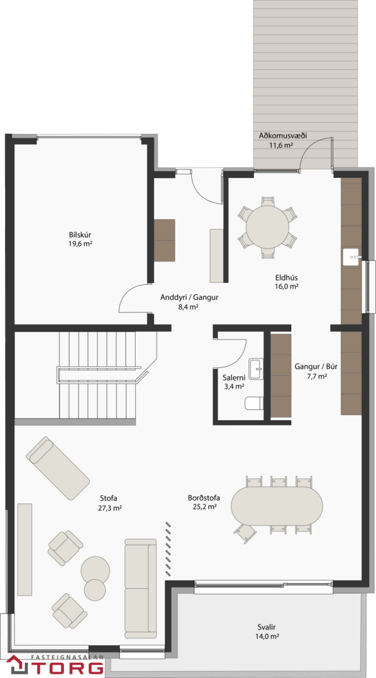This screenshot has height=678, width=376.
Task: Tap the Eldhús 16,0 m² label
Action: point(287,282)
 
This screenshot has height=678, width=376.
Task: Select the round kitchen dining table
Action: point(267,227)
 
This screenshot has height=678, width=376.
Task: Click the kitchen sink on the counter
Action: point(352,257)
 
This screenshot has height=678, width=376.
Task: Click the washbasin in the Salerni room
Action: point(256,369)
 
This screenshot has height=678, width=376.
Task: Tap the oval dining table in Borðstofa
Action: point(277,506)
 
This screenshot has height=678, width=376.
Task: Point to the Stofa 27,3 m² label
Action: point(110,503)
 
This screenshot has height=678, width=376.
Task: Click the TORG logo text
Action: point(67,668)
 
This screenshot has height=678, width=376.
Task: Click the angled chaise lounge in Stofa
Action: point(58,468)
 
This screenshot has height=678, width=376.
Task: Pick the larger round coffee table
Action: point(96,571)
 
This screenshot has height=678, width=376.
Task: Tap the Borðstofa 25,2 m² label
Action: point(204,502)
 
